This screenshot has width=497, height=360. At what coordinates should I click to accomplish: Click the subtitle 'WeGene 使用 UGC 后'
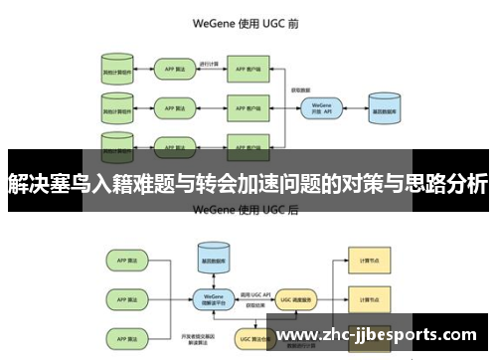(x=248, y=210)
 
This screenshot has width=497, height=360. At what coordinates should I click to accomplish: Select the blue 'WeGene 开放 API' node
(x=320, y=106)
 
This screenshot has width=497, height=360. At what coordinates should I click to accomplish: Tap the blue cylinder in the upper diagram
(x=384, y=106)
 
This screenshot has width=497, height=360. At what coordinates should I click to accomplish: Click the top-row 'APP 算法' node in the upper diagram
(x=172, y=70)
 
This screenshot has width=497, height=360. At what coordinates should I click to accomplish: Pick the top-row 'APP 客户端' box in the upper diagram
(x=248, y=70)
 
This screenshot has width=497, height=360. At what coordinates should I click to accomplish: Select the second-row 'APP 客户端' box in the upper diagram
(x=248, y=105)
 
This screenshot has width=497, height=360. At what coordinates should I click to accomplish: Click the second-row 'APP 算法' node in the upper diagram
(x=172, y=105)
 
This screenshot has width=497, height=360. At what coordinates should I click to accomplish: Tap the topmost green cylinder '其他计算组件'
(x=116, y=70)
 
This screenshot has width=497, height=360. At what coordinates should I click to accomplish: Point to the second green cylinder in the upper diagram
(x=116, y=105)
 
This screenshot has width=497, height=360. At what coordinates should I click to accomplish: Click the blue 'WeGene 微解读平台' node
(x=210, y=298)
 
